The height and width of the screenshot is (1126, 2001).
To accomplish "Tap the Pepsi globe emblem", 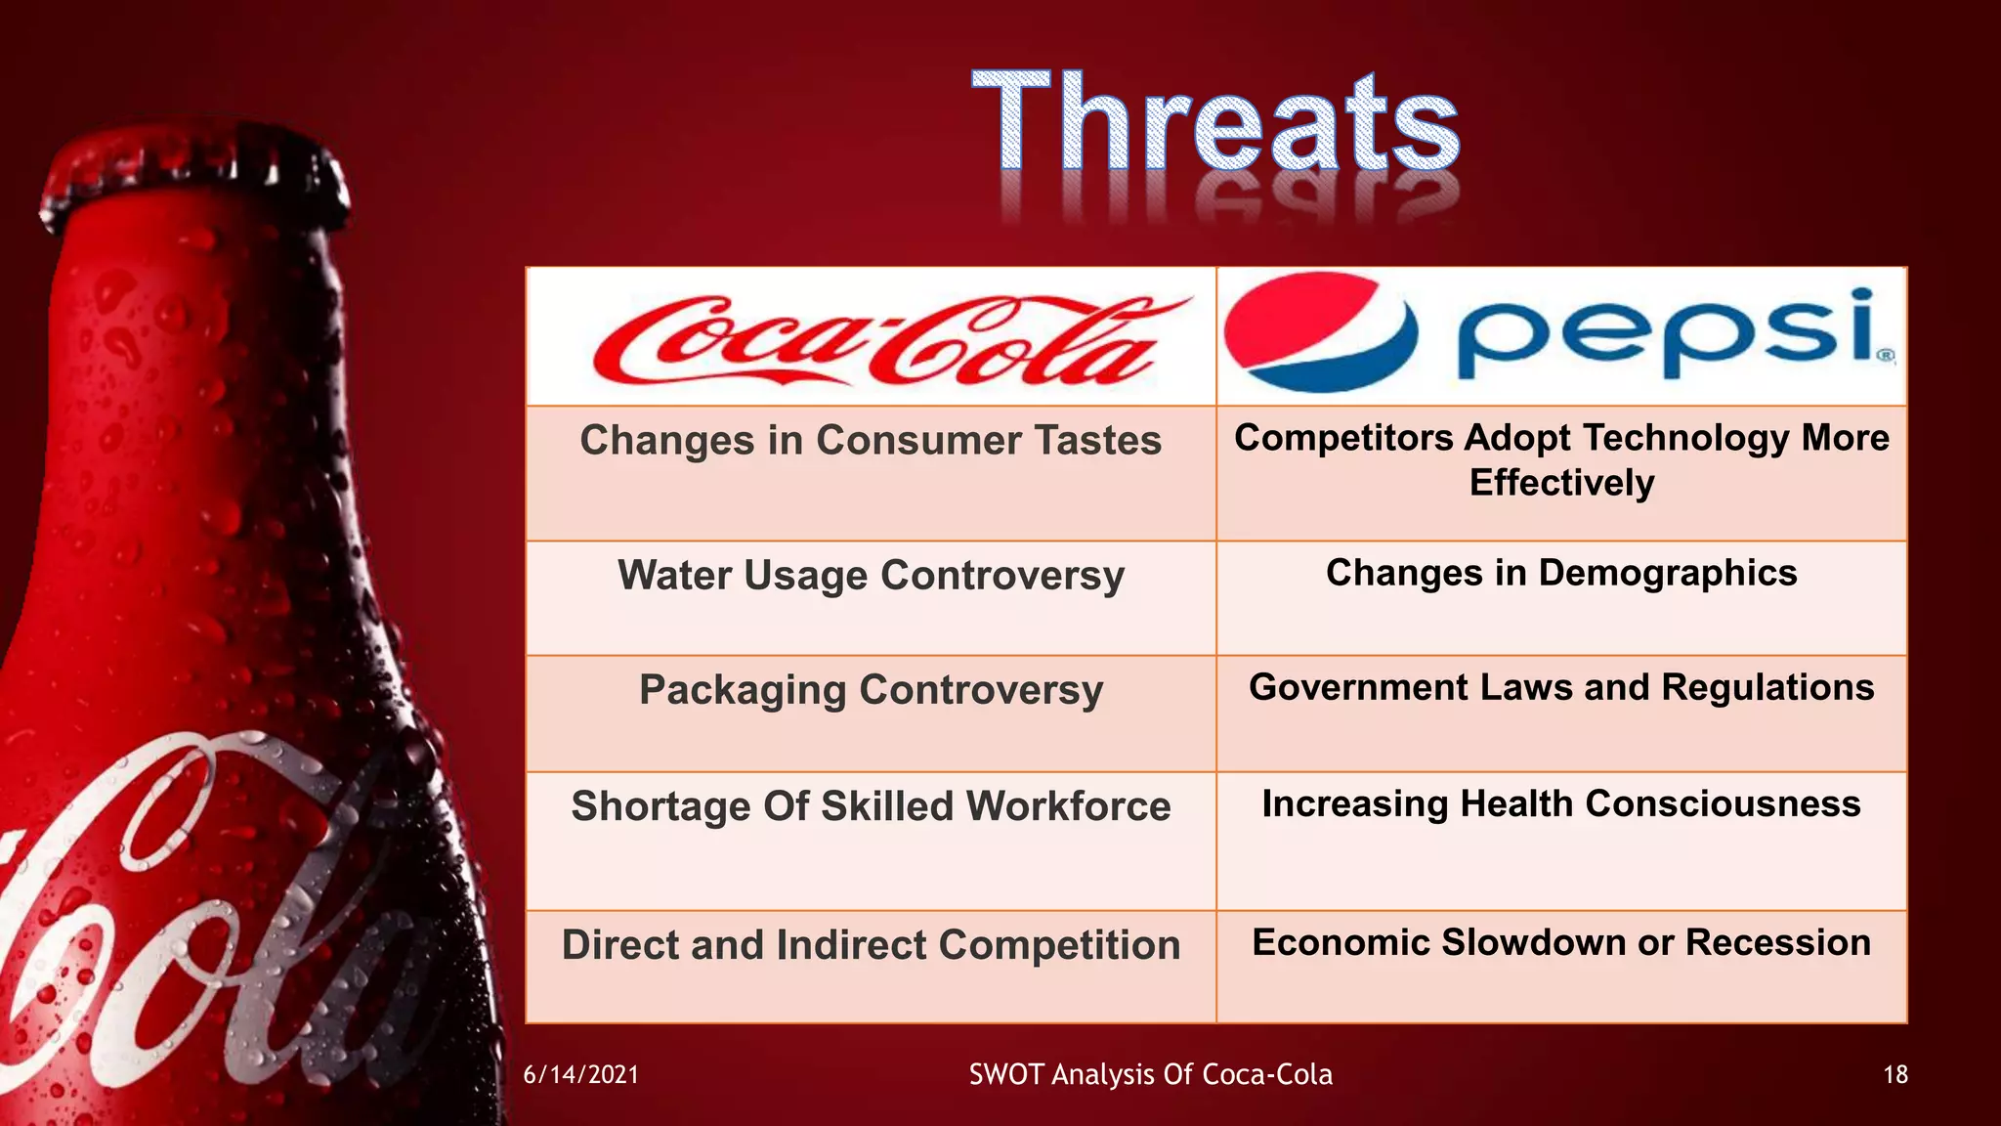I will click(1320, 331).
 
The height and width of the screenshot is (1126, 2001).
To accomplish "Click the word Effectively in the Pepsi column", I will click(1561, 483).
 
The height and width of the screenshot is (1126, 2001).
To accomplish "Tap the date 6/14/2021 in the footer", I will click(581, 1075).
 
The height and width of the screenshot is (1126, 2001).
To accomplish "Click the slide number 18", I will click(1895, 1075).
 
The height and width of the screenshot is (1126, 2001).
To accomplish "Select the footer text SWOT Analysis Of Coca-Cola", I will click(1150, 1075).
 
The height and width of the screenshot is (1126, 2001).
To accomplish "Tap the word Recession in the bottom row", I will click(1778, 942).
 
